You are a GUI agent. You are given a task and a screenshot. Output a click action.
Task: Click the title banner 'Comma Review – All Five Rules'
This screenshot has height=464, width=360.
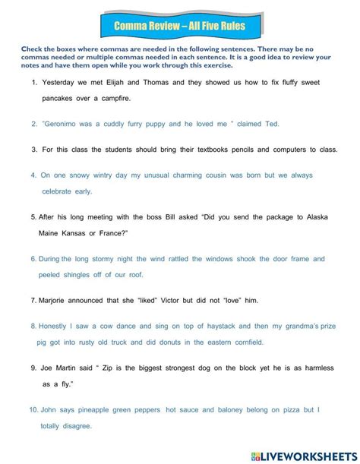pos(179,27)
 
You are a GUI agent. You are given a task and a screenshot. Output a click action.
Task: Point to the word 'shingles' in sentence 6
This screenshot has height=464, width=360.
pos(87,274)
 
